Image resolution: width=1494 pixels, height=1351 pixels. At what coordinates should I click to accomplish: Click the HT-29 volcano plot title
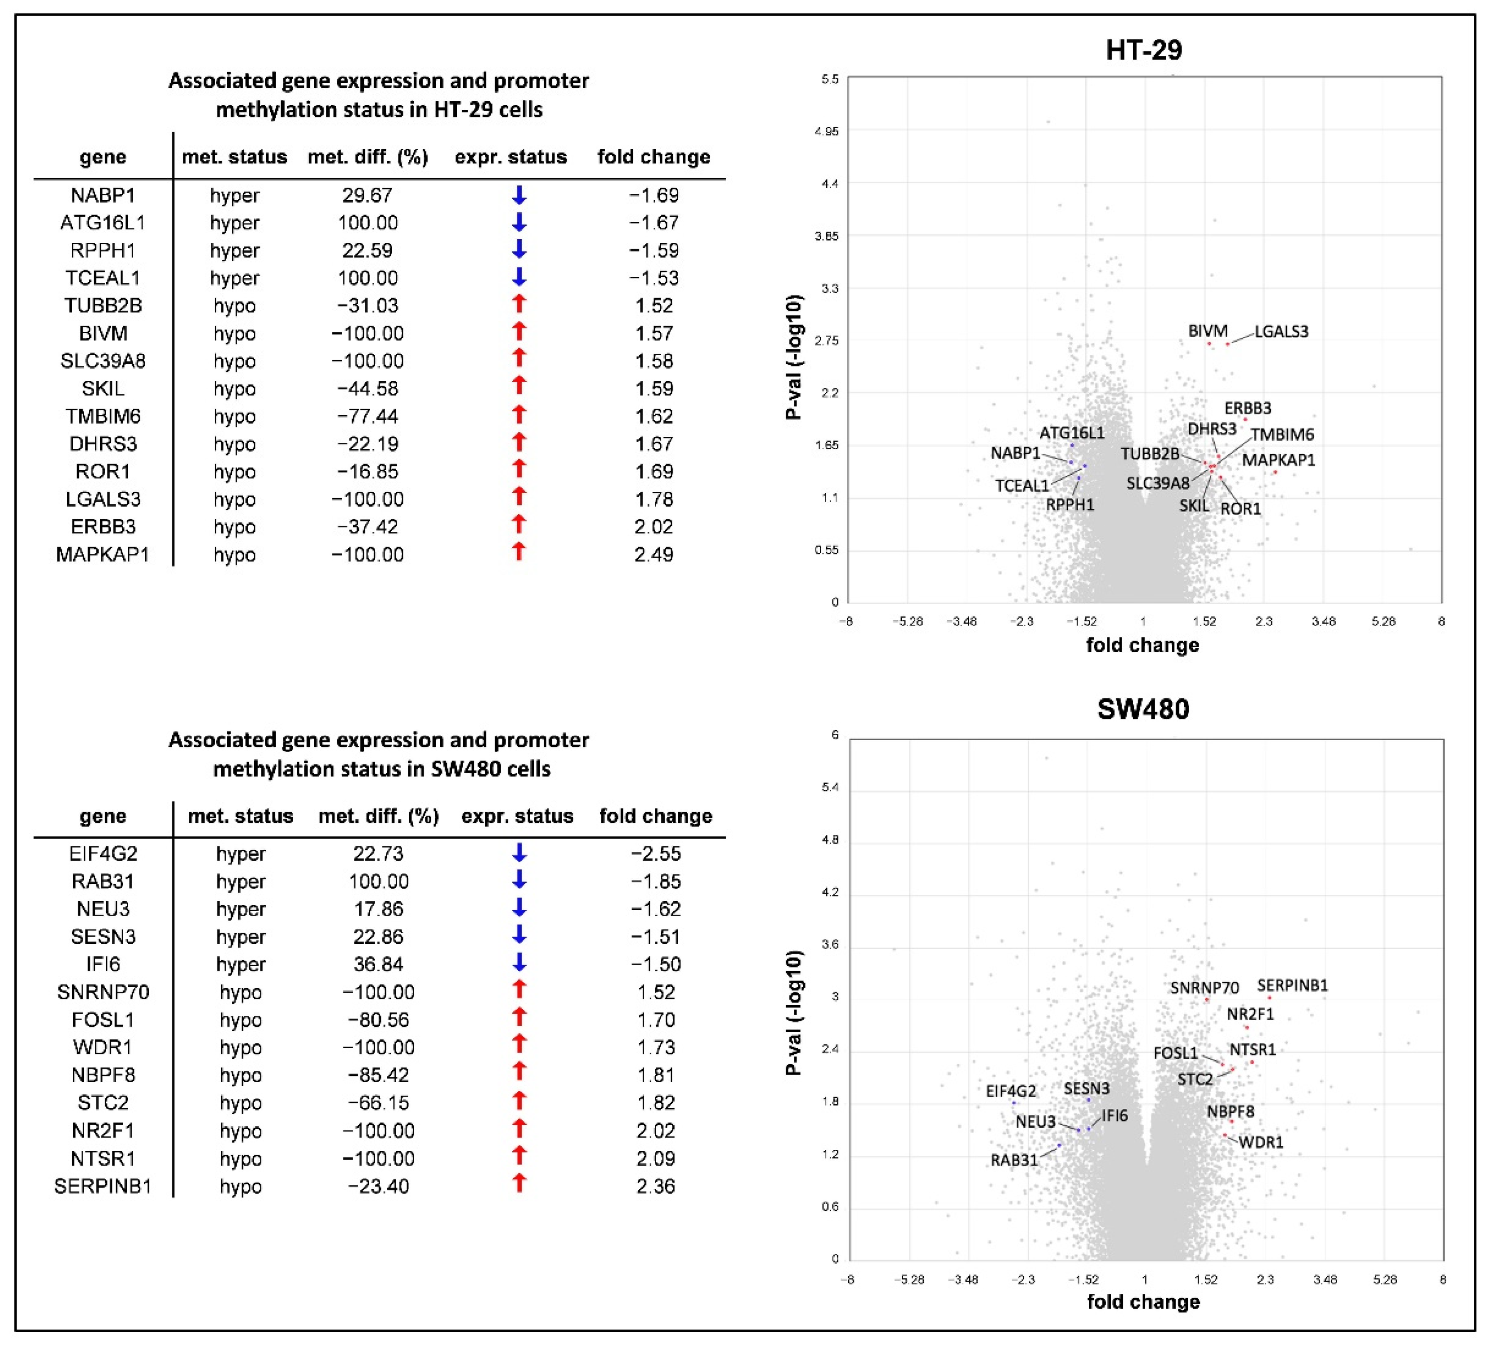[1143, 50]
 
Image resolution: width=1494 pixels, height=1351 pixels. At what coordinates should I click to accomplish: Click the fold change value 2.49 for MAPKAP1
[654, 555]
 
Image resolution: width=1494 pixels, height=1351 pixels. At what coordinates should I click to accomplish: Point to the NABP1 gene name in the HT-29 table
[103, 196]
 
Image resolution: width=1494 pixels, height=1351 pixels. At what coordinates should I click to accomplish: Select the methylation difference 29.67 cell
[368, 196]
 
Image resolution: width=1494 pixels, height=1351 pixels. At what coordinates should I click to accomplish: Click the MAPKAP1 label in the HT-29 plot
[1278, 460]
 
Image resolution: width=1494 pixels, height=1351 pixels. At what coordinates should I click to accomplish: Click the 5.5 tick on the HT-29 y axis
[830, 79]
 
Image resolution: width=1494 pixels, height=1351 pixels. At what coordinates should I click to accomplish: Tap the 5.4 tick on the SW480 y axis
[830, 787]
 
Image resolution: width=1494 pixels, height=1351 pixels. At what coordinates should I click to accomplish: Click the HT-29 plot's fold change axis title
[1143, 645]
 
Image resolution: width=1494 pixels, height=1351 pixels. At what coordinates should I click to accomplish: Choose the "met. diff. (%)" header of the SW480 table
[379, 816]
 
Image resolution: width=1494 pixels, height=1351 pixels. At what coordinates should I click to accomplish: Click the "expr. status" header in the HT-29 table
[511, 157]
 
